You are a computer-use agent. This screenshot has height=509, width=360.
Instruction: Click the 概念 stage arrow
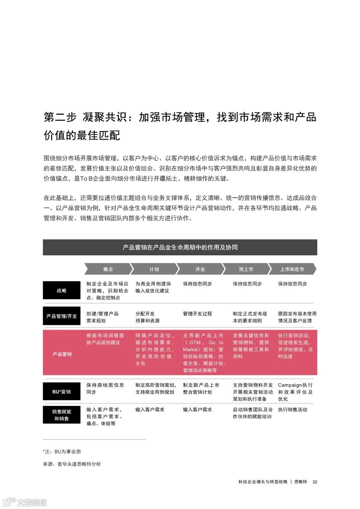pyautogui.click(x=108, y=269)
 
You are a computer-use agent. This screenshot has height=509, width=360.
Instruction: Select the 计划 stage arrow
pyautogui.click(x=154, y=269)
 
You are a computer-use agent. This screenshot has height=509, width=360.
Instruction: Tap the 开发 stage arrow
pyautogui.click(x=200, y=269)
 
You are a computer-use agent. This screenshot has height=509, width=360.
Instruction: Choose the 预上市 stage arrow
pyautogui.click(x=246, y=269)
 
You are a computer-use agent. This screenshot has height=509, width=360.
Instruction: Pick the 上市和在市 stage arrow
pyautogui.click(x=292, y=269)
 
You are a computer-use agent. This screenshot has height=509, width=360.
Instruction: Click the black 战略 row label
pyautogui.click(x=62, y=290)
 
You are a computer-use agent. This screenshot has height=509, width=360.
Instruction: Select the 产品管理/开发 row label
pyautogui.click(x=62, y=316)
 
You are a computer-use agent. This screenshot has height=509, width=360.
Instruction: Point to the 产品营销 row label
pyautogui.click(x=62, y=354)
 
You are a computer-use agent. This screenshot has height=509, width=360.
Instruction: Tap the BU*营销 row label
pyautogui.click(x=62, y=392)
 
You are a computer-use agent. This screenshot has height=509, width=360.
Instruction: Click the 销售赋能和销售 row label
pyautogui.click(x=62, y=415)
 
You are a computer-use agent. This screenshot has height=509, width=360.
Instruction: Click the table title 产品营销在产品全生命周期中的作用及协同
pyautogui.click(x=180, y=247)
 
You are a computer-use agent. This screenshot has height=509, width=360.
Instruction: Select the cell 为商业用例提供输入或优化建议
pyautogui.click(x=153, y=287)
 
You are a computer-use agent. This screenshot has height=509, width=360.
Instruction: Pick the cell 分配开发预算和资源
pyautogui.click(x=147, y=317)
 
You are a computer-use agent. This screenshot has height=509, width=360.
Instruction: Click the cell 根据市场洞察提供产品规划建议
pyautogui.click(x=105, y=339)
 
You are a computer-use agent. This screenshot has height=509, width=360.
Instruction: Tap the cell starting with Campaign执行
pyautogui.click(x=295, y=392)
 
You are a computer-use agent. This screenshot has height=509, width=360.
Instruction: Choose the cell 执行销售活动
pyautogui.click(x=293, y=410)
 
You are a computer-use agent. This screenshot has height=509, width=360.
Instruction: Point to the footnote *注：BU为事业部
pyautogui.click(x=62, y=452)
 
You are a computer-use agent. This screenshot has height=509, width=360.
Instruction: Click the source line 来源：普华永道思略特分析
pyautogui.click(x=72, y=464)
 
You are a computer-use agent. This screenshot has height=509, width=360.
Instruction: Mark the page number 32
pyautogui.click(x=315, y=482)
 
